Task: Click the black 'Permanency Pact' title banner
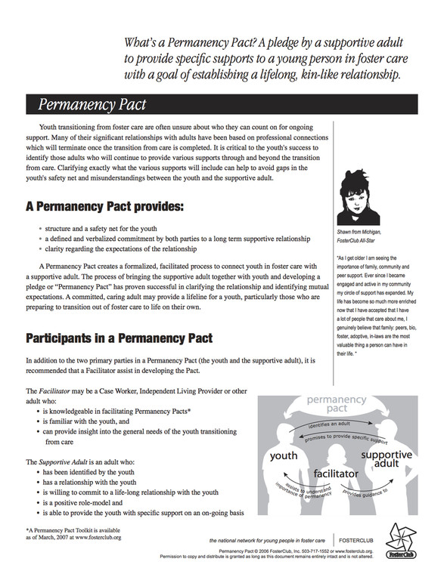pyautogui.click(x=219, y=103)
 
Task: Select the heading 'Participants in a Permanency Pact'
pyautogui.click(x=120, y=338)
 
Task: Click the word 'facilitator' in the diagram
pyautogui.click(x=336, y=473)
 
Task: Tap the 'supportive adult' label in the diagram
pyautogui.click(x=386, y=461)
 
